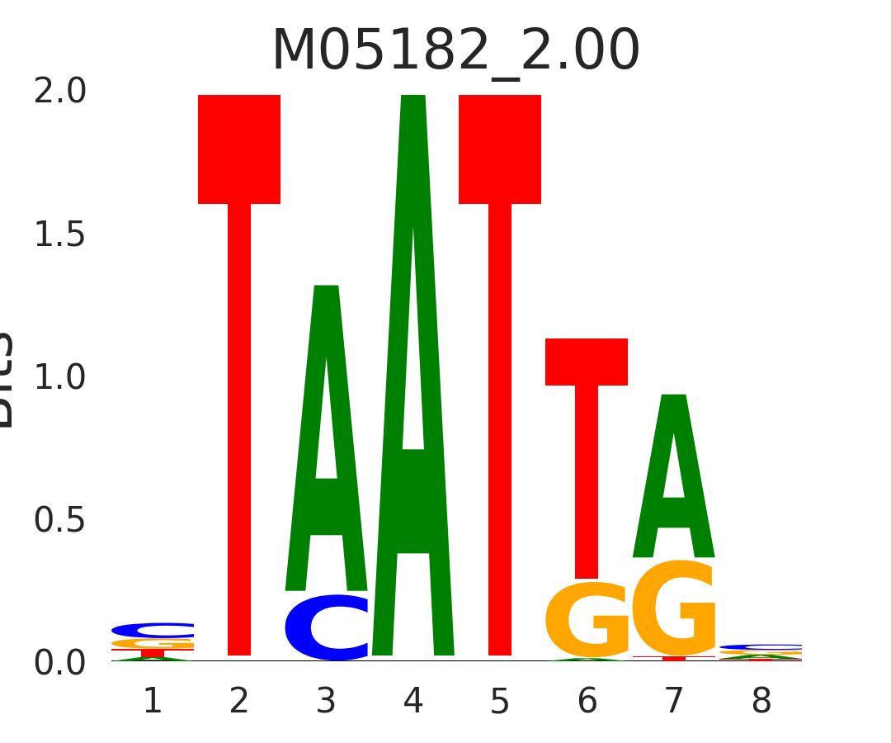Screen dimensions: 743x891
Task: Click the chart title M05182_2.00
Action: pos(455,51)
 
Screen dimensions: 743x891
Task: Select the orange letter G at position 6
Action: pos(587,621)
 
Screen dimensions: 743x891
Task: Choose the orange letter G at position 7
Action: pos(674,609)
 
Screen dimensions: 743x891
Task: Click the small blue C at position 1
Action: pos(153,630)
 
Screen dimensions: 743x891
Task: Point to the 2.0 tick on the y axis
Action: pos(59,92)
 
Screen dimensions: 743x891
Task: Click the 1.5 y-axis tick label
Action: pos(59,235)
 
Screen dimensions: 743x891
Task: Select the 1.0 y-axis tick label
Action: pos(59,377)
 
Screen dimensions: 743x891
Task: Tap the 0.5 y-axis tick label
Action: pos(59,520)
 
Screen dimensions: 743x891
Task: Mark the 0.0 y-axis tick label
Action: pos(59,663)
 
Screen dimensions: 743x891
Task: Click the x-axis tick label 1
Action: pos(153,702)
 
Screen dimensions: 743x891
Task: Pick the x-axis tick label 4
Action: pos(413,702)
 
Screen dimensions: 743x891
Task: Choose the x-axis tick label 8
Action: pos(761,702)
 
